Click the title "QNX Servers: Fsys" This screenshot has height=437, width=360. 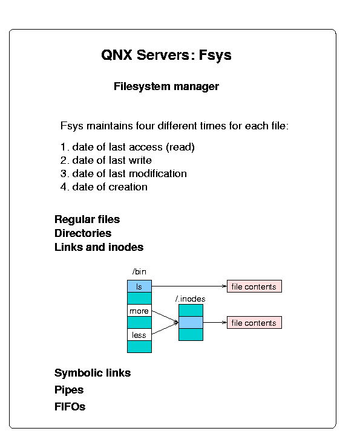(x=166, y=55)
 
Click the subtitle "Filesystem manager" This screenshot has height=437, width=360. (x=166, y=86)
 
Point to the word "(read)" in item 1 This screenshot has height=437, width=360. (x=180, y=147)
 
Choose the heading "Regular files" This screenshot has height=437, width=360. (x=87, y=219)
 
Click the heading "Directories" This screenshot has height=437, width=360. (x=83, y=233)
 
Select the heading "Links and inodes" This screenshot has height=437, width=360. (x=99, y=247)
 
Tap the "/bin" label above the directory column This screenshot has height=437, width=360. (x=139, y=271)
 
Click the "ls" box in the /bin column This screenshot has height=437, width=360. (x=139, y=286)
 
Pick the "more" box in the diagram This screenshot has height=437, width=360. (x=139, y=311)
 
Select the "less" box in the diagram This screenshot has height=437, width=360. (x=139, y=335)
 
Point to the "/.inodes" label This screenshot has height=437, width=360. (x=191, y=299)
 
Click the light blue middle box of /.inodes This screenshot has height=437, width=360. (x=191, y=322)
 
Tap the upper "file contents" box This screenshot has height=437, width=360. (x=254, y=286)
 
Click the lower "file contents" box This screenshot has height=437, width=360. (x=254, y=322)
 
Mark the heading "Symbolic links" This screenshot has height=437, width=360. (x=93, y=373)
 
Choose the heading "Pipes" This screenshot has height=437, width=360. (x=69, y=390)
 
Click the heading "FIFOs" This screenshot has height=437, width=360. (x=70, y=407)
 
